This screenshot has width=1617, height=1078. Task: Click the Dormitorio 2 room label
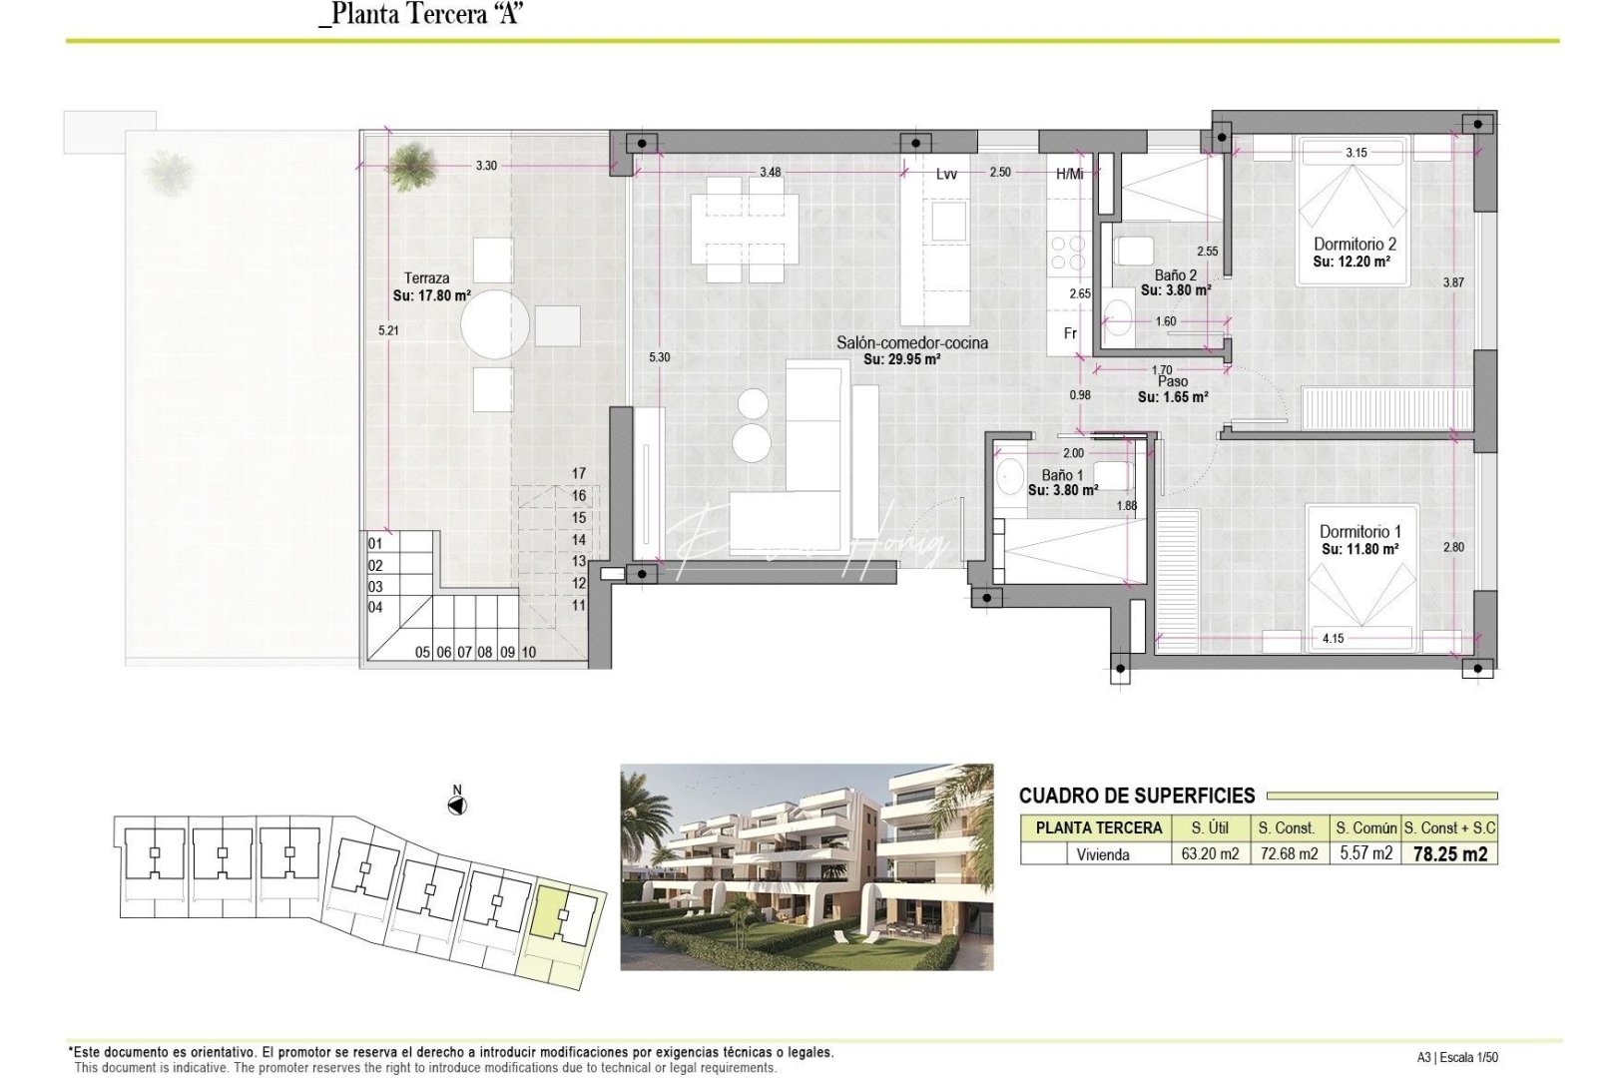coord(1354,244)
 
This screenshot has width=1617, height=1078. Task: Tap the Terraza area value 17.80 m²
coord(432,296)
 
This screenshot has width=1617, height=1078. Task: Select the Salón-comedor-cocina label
coord(911,342)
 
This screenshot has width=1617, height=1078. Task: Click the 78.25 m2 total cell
coord(1449,854)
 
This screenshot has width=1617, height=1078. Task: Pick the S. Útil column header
coord(1210,827)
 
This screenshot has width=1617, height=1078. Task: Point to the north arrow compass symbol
coord(457,805)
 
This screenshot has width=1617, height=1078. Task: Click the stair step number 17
coord(579,473)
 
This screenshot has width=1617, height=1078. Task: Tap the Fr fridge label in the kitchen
coord(1070,333)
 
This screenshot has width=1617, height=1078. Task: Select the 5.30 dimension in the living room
coord(659,357)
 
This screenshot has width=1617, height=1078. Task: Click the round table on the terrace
coord(495,324)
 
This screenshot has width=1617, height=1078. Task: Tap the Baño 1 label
coord(1062,475)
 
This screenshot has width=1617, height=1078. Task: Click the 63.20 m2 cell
coord(1210,854)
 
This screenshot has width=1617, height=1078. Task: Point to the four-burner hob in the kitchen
coord(1068,253)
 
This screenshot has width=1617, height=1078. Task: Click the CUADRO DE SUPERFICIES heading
coord(1137,796)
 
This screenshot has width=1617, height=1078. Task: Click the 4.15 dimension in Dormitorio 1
coord(1333,638)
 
